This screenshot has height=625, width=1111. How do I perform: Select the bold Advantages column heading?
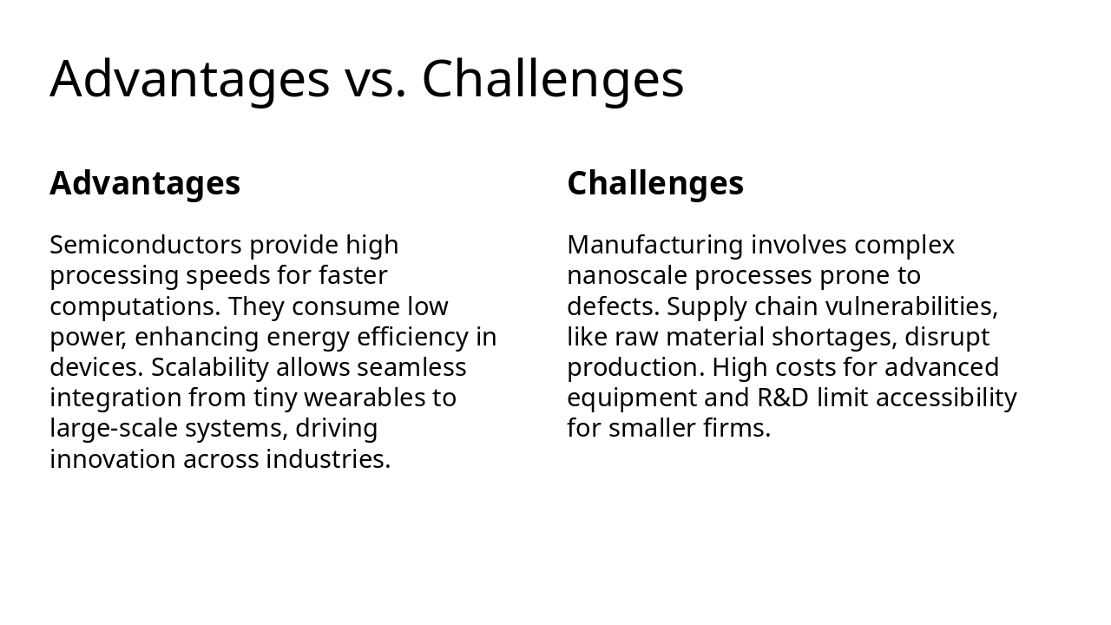tap(145, 183)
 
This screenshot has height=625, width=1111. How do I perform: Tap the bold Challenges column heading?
tap(655, 183)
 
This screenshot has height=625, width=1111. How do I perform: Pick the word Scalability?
tap(210, 367)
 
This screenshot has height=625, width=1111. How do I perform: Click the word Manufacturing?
tap(655, 245)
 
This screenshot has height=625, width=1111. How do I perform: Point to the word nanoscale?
tap(627, 275)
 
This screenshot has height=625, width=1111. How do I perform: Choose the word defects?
tap(614, 306)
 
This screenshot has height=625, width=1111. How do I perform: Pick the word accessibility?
tap(946, 398)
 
